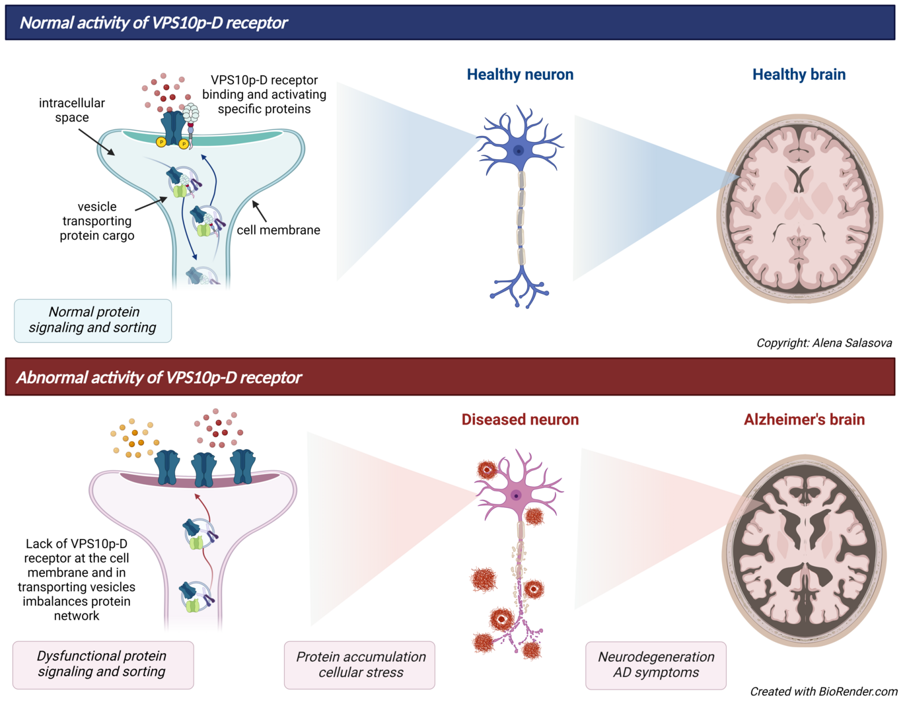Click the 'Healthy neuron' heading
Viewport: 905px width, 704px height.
coord(520,75)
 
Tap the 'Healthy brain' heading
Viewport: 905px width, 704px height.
coord(799,75)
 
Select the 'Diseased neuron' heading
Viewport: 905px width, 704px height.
coord(520,420)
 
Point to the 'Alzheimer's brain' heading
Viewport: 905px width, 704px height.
coord(804,420)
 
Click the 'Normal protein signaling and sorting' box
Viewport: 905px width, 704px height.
coord(93,320)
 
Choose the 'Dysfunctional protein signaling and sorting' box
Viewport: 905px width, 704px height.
coord(102,664)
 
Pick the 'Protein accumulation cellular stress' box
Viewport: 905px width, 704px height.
coord(360,665)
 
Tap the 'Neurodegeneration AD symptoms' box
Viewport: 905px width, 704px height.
coord(656,665)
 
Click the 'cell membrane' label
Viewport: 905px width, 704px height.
coord(278,230)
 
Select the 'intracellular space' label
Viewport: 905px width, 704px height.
coord(71,110)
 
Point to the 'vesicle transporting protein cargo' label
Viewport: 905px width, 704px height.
coord(96,221)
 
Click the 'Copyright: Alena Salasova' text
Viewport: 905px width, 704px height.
coord(824,343)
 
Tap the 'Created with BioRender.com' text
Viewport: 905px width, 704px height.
coord(823,691)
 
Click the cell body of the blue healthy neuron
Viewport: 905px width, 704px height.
coord(519,151)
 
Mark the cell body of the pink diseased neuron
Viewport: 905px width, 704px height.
coord(516,495)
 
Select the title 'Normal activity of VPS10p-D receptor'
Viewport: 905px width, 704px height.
coord(153,23)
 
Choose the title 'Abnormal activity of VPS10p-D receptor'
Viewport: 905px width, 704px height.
coord(159,378)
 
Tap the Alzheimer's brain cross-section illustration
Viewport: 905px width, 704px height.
coord(805,551)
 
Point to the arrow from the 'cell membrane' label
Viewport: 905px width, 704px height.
coord(260,211)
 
